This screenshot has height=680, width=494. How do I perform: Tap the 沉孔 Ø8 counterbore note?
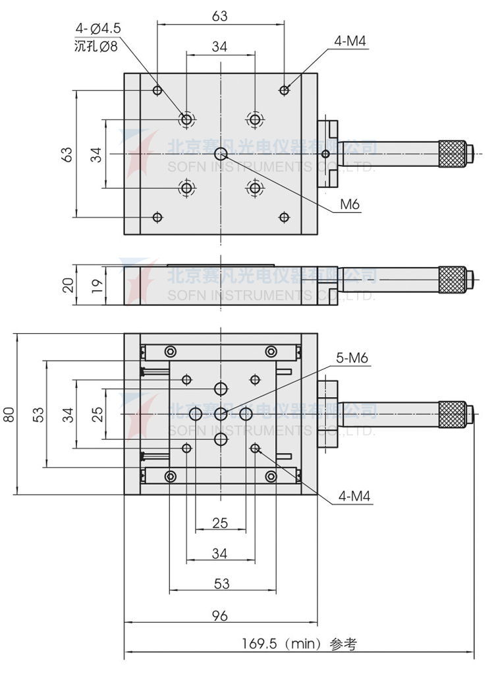coord(96,46)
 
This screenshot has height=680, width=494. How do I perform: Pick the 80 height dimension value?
coord(9,414)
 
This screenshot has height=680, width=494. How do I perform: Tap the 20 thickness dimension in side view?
coord(67,285)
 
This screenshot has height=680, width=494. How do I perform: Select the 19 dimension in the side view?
coord(96,285)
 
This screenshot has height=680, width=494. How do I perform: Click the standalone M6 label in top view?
coord(350,205)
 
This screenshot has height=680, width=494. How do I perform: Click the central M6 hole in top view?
coord(221,154)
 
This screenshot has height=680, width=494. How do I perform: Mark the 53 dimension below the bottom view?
coord(221,583)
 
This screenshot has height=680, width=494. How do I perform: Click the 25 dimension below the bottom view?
coord(220,523)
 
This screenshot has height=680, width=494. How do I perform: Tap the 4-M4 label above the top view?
coord(350,42)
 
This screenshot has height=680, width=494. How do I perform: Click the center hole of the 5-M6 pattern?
coord(221,414)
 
